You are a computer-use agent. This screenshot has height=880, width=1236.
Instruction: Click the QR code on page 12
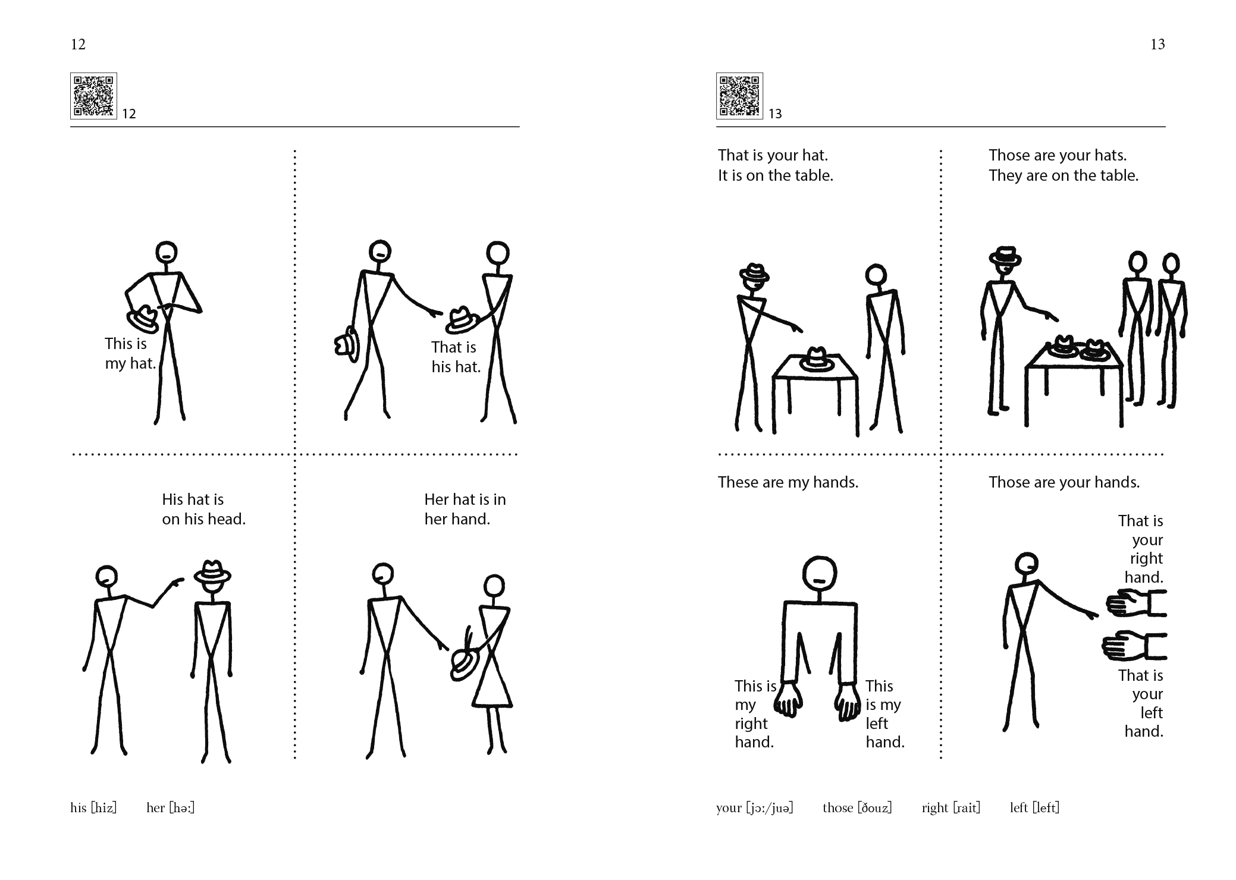point(93,96)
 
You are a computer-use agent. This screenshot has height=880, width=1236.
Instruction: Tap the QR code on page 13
point(739,96)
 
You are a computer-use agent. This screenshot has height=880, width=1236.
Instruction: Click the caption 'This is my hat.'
point(130,353)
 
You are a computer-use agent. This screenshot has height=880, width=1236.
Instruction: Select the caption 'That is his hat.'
point(456,357)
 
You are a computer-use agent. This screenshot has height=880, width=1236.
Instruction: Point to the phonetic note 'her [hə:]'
point(170,807)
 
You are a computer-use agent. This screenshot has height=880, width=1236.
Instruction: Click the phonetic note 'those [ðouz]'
point(857,807)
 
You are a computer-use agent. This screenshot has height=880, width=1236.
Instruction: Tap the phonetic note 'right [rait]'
point(950,807)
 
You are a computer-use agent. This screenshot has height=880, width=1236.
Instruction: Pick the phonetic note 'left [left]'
point(1034,807)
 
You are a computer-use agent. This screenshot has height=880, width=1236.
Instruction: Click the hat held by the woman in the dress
point(463,661)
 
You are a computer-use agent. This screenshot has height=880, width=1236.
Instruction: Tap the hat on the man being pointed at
point(212,572)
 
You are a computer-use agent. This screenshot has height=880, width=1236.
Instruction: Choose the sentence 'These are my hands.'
point(788,482)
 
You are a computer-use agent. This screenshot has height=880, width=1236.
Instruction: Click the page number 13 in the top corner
point(1157,45)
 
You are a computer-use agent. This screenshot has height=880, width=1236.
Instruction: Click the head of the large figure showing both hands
point(819,574)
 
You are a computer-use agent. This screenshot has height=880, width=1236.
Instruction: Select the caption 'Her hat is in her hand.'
point(465,509)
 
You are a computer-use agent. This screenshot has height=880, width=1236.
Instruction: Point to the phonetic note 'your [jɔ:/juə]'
point(755,807)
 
